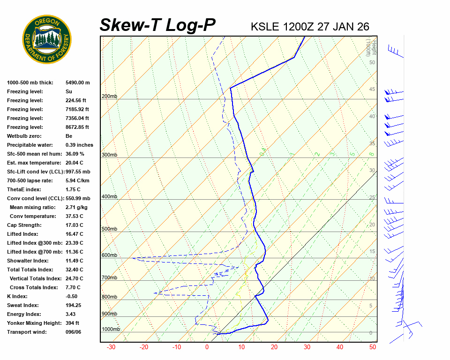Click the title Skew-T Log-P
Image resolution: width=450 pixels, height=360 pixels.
point(158,25)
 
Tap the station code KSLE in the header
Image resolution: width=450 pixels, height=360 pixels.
point(266,27)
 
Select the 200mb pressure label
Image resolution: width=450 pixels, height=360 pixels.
point(109,97)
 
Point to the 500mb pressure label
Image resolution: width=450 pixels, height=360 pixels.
point(109,229)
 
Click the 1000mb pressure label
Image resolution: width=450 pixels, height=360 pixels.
point(111,329)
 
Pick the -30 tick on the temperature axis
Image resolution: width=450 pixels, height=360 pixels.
point(111,347)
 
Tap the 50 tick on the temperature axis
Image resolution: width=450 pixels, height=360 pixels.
point(373,347)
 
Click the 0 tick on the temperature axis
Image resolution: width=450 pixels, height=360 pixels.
point(207,347)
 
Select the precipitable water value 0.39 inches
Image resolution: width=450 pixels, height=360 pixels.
point(79,145)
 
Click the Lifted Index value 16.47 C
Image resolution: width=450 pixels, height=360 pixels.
point(74,234)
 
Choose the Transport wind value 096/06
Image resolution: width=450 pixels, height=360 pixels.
point(73,332)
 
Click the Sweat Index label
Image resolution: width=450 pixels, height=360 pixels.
point(23,305)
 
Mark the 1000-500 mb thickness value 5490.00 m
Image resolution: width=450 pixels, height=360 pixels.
point(77,82)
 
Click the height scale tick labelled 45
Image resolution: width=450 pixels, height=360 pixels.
point(372,90)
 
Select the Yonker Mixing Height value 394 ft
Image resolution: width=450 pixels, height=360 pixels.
point(72,323)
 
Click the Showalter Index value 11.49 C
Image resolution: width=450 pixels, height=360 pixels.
point(74,261)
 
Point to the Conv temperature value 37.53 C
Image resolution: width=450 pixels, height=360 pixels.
point(74,216)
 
